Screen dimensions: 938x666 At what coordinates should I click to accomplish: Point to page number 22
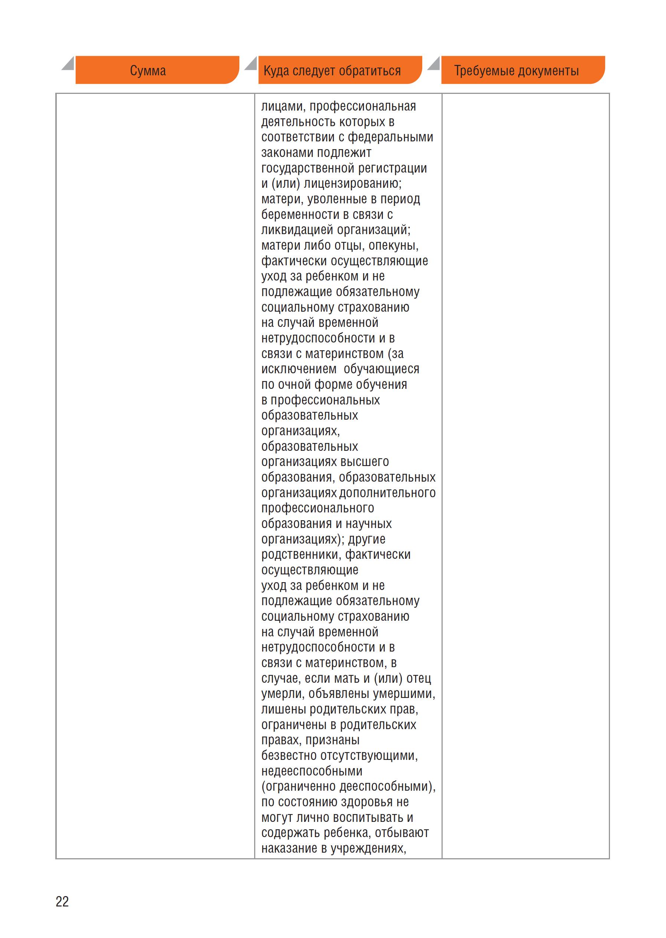pyautogui.click(x=62, y=902)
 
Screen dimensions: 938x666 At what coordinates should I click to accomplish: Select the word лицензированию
pyautogui.click(x=353, y=184)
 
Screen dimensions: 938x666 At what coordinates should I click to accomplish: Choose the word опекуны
pyautogui.click(x=393, y=246)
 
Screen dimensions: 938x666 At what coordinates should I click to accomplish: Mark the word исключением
pyautogui.click(x=299, y=369)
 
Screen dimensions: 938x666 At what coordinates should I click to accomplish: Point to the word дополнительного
pyautogui.click(x=388, y=493)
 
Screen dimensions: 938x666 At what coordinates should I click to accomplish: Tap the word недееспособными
pyautogui.click(x=312, y=771)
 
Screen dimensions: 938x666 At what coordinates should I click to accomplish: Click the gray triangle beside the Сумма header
pyautogui.click(x=68, y=63)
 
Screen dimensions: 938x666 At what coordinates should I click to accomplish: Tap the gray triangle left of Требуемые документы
pyautogui.click(x=433, y=63)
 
